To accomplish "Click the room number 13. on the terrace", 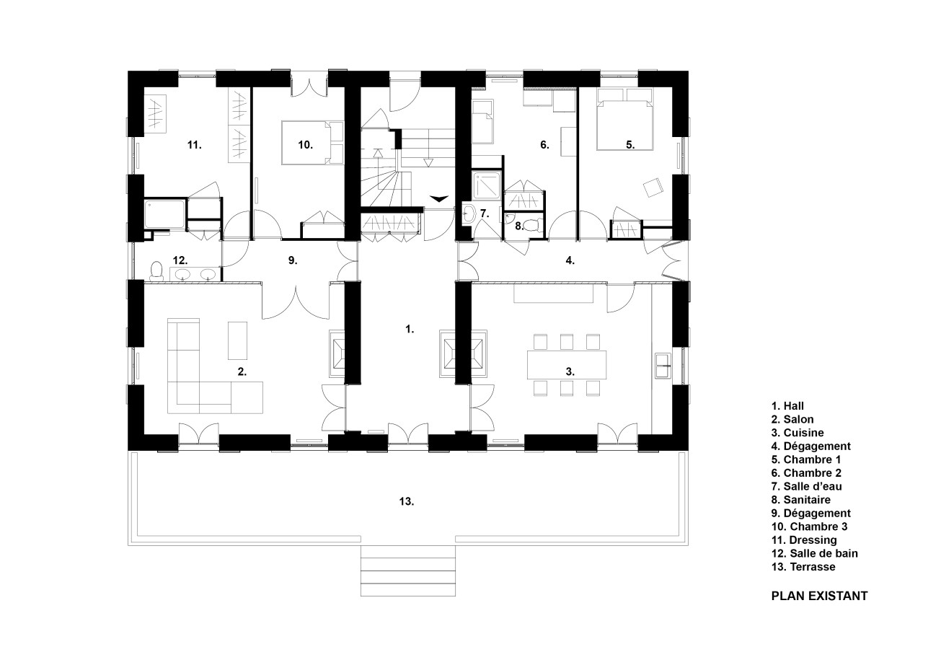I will (x=406, y=501).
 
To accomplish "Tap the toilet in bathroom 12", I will (x=155, y=271).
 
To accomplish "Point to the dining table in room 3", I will (x=567, y=364).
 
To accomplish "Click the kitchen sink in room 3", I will (x=662, y=366).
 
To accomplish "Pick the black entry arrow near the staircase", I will (x=438, y=198).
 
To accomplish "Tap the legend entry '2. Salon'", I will (x=792, y=419).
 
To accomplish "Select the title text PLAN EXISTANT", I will (x=819, y=596).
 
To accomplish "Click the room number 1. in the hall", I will (x=410, y=329).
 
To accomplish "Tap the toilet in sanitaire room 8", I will (x=532, y=225).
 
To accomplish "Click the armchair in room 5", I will (x=654, y=188).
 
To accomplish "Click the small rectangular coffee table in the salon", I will (x=237, y=340).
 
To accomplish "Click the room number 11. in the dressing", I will (x=193, y=145).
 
